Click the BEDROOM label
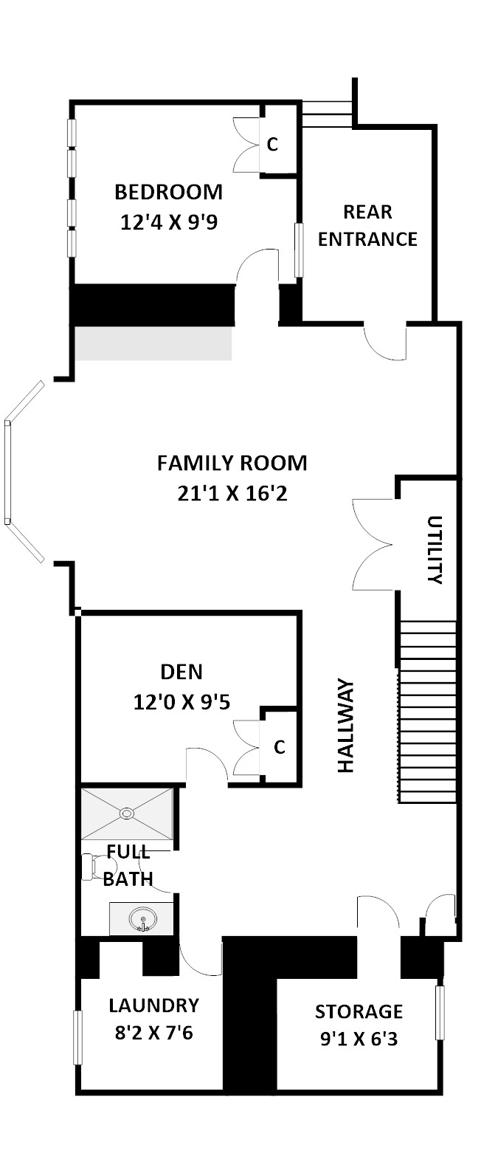(x=168, y=192)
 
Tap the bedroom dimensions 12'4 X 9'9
(x=169, y=223)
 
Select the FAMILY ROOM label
(x=232, y=463)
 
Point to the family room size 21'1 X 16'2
(x=232, y=493)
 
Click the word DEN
(x=181, y=672)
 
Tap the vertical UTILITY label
(x=435, y=550)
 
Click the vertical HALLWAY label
(x=346, y=726)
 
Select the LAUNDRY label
(x=153, y=1005)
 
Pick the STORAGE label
(x=359, y=1011)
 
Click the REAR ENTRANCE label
(x=367, y=226)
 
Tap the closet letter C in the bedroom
(x=272, y=145)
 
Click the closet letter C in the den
(x=279, y=747)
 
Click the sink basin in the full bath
(x=142, y=919)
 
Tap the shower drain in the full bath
(x=127, y=814)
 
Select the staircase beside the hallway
(x=426, y=712)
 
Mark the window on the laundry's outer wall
(x=77, y=1037)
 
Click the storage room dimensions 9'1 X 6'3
(x=359, y=1039)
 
